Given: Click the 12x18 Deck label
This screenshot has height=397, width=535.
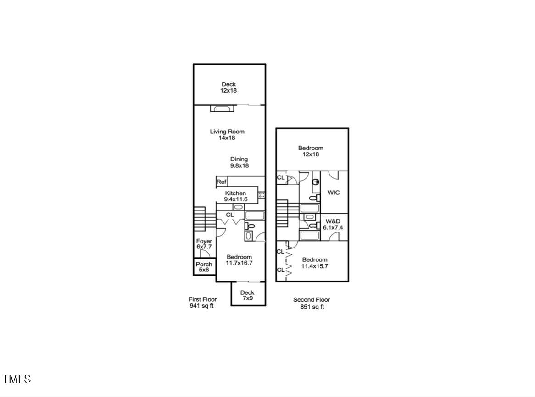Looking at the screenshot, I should (x=228, y=88).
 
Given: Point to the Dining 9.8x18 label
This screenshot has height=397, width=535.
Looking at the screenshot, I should (x=239, y=162).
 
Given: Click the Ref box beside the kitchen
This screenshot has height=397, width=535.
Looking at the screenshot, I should (x=222, y=182).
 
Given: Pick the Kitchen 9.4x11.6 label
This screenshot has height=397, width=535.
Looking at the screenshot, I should (x=235, y=196).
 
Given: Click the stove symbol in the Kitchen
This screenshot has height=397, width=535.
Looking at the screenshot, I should (x=262, y=195).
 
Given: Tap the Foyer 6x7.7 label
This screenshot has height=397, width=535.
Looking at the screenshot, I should (x=204, y=244).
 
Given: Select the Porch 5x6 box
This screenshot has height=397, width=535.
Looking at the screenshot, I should (x=204, y=267).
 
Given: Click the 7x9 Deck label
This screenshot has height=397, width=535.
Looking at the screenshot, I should (x=247, y=295).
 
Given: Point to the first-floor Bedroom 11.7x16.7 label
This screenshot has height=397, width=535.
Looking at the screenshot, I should (x=239, y=260).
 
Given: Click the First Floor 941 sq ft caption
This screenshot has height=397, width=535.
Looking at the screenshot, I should (x=202, y=303).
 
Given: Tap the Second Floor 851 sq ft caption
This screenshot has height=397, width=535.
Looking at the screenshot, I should (x=312, y=303).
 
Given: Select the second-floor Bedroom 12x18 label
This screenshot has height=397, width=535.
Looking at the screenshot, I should (x=311, y=151).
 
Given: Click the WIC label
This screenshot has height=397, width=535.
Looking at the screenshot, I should (x=334, y=193).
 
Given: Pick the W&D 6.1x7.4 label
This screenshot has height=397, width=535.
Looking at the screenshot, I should (x=334, y=224).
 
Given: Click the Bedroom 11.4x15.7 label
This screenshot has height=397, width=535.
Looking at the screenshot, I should (x=315, y=263).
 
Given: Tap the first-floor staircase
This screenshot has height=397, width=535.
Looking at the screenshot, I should (x=199, y=219).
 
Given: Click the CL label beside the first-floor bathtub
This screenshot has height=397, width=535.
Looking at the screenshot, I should (x=230, y=215).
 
